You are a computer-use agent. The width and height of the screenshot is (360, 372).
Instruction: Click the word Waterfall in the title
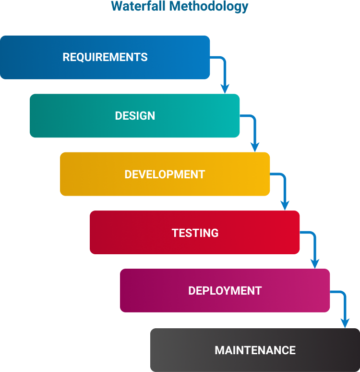coord(138,6)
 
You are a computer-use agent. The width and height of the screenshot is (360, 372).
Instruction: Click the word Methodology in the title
coord(208,7)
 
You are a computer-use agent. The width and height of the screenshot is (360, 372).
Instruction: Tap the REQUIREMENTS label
coord(105,57)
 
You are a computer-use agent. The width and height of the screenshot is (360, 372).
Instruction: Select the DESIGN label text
coord(135,116)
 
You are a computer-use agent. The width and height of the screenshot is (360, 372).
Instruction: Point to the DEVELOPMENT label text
coord(165,174)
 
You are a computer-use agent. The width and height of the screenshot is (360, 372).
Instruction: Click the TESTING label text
coord(195,233)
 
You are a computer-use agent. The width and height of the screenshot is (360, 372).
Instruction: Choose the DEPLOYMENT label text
coord(225,291)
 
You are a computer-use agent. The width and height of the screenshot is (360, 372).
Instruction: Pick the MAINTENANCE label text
coord(255,350)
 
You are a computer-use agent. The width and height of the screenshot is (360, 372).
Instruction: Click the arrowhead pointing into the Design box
coord(225,89)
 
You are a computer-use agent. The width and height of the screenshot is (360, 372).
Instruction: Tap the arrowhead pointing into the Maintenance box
coord(345,323)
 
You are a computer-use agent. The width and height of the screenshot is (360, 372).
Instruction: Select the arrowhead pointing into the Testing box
coord(285,206)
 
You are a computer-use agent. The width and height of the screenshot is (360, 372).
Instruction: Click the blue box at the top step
coord(105,57)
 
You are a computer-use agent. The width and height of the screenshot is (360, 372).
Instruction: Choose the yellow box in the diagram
coord(165,174)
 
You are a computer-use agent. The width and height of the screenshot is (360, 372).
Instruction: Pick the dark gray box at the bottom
coord(255,350)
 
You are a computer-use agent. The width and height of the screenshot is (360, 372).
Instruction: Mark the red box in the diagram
coord(194,232)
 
